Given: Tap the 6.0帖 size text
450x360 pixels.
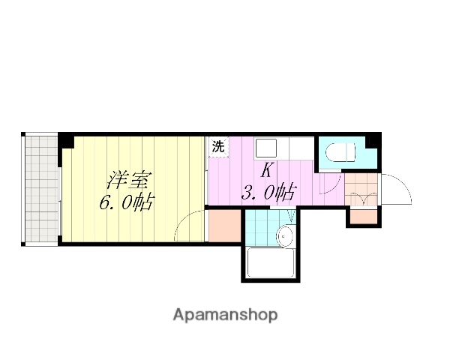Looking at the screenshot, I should tap(127, 202).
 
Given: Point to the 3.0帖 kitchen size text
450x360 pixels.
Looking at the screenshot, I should tap(267, 193).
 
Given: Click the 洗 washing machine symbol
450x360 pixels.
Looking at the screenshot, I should tap(217, 146).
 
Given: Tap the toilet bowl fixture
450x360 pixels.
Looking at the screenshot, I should tap(342, 153).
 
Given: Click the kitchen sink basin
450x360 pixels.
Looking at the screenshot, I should tap(267, 147).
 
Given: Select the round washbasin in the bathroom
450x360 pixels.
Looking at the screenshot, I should tap(285, 238).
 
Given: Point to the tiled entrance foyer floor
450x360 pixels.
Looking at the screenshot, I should tap(361, 190).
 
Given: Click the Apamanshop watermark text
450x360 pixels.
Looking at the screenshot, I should tap(225, 314).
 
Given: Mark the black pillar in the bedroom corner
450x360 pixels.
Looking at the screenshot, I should tap(67, 140).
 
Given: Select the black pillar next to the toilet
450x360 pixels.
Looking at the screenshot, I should tap(373, 140).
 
